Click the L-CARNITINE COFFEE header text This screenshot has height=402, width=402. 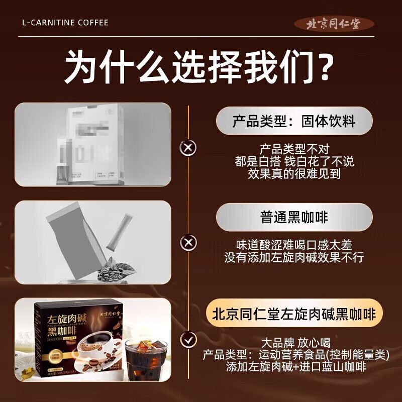pyautogui.click(x=65, y=23)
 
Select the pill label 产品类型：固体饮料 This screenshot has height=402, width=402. pyautogui.click(x=294, y=121)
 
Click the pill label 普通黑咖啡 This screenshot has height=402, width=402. pyautogui.click(x=294, y=217)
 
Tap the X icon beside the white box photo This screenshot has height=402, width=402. pyautogui.click(x=188, y=148)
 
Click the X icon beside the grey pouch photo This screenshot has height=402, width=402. pyautogui.click(x=188, y=244)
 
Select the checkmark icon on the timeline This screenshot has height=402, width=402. pyautogui.click(x=188, y=340)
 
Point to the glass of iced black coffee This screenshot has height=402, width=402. pyautogui.click(x=146, y=361)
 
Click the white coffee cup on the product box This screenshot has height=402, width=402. pyautogui.click(x=95, y=351)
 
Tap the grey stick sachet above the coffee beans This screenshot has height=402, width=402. pyautogui.click(x=116, y=231)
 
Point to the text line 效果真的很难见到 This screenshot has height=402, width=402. pyautogui.click(x=294, y=174)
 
